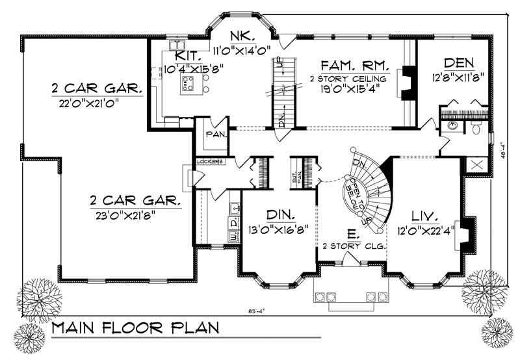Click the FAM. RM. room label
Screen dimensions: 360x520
[x=354, y=65]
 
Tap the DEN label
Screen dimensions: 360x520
[x=458, y=62]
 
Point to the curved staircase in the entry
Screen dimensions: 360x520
[x=368, y=188]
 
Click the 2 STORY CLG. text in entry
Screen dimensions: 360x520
[x=354, y=247]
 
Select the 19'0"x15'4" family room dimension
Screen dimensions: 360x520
[x=354, y=91]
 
